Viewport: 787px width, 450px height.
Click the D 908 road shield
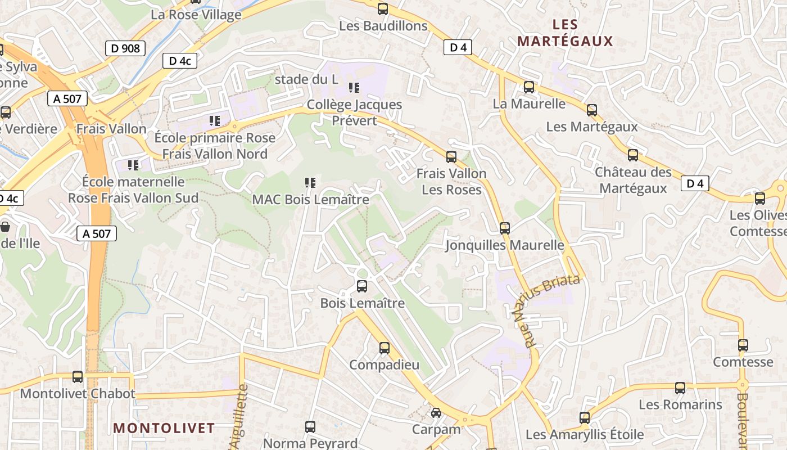(125, 48)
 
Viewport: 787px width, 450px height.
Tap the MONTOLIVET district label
(164, 428)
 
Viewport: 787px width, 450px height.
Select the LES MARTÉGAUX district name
(565, 33)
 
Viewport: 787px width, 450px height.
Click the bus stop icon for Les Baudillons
(383, 9)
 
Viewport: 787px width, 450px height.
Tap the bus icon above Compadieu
(385, 348)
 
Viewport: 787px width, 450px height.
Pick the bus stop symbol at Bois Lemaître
(362, 286)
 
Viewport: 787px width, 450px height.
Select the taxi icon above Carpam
(436, 413)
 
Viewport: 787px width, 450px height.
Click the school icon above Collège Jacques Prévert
(354, 88)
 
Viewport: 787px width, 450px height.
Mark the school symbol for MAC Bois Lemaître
(310, 182)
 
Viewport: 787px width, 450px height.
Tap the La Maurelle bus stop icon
(529, 87)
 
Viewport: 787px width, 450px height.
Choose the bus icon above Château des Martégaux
(633, 155)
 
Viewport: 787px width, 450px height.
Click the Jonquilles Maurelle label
(504, 245)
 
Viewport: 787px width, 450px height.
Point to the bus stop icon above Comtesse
(743, 345)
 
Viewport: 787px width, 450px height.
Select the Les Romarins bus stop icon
(680, 388)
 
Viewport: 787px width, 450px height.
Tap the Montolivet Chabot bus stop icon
(78, 377)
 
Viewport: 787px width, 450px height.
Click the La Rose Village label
(196, 15)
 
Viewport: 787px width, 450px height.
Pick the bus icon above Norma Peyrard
(310, 427)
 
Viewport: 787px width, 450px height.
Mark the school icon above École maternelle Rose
(133, 165)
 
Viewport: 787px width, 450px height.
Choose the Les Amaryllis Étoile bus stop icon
(585, 418)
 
